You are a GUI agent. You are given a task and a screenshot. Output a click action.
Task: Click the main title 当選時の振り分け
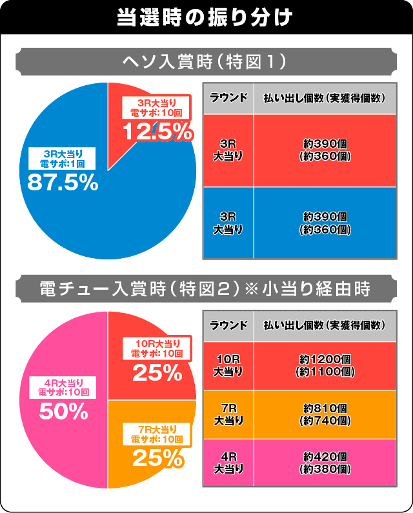click(206, 17)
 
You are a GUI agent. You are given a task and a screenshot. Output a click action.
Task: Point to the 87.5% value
click(63, 183)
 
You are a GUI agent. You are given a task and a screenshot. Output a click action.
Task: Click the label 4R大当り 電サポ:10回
click(63, 387)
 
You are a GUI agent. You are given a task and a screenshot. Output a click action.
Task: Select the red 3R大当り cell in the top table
click(228, 150)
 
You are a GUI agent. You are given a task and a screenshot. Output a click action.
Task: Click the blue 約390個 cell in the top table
click(325, 223)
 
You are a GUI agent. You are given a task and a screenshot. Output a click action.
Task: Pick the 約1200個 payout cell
click(325, 367)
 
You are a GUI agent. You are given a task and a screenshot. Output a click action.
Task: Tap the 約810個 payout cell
click(325, 414)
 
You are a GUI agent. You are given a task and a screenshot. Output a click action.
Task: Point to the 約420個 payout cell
click(325, 463)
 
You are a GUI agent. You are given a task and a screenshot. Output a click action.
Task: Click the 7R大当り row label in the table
click(228, 414)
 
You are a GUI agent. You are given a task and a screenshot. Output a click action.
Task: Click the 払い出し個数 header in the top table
click(325, 97)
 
